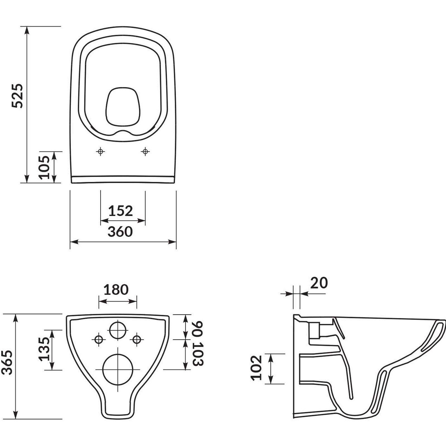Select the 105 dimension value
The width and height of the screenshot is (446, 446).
pos(44,167)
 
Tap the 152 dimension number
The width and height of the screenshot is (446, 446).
pos(120,211)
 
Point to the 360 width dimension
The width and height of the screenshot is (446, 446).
pos(120,232)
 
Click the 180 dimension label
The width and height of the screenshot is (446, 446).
pos(116,290)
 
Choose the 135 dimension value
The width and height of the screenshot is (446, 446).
pos(44,349)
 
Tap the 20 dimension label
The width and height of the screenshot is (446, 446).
pos(319,283)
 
